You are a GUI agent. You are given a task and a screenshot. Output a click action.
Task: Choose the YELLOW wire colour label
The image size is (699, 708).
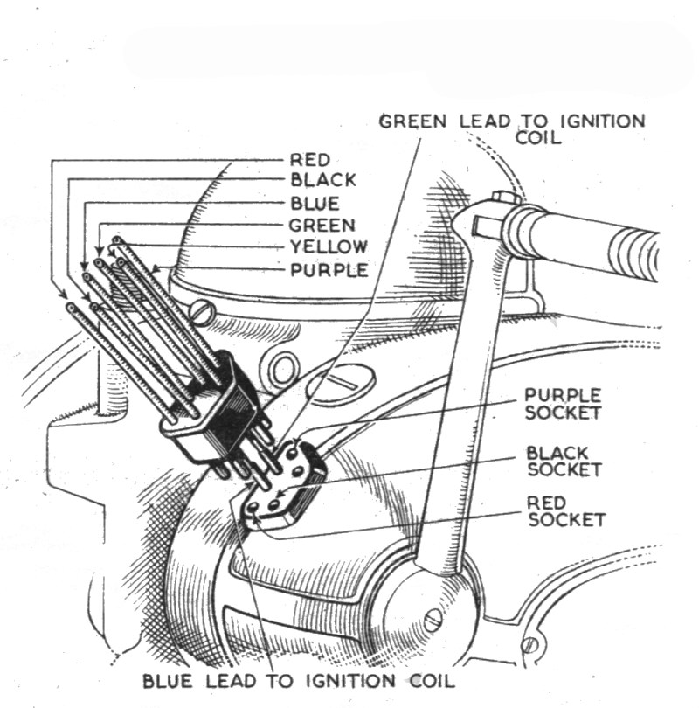327,247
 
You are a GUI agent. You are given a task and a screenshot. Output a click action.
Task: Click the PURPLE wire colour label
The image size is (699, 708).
328,270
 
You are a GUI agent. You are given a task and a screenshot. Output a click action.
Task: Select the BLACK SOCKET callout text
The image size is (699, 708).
564,461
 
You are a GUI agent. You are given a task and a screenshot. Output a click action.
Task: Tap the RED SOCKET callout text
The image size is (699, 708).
564,511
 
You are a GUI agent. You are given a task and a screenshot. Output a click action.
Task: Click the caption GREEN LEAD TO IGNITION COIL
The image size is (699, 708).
512,128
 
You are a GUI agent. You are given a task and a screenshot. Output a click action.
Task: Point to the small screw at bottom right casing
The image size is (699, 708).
529,645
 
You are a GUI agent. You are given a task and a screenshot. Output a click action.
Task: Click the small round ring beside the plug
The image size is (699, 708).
282,367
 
